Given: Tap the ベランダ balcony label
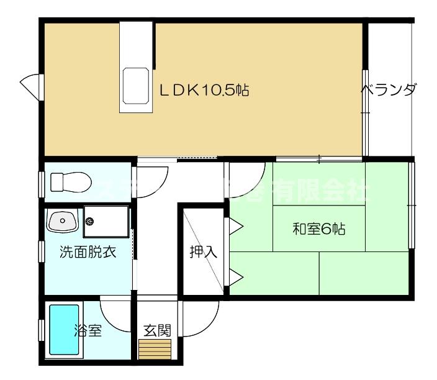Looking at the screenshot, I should [x=389, y=91].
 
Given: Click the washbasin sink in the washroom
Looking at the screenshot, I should [x=61, y=221].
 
